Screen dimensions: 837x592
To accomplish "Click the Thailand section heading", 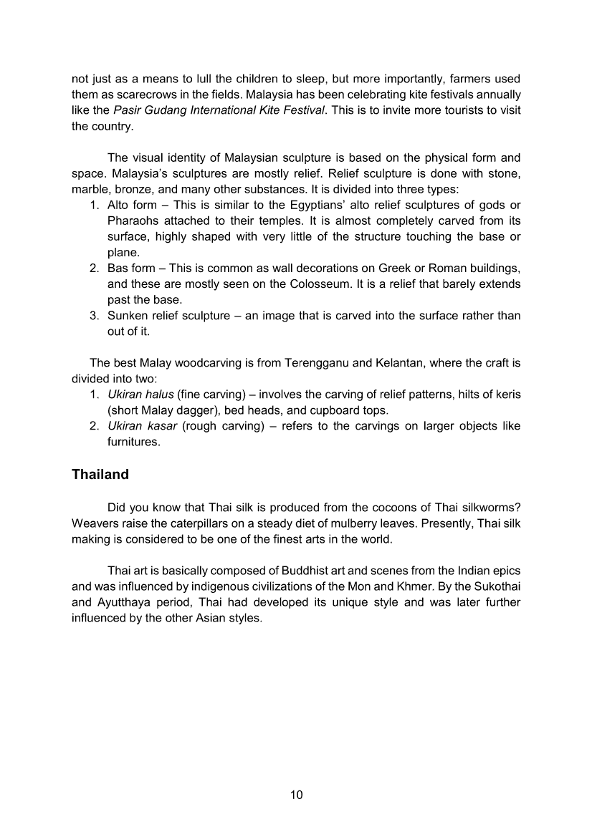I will click(100, 475).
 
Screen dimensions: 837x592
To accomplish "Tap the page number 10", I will click(297, 795).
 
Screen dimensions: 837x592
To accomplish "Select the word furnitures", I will click(133, 442).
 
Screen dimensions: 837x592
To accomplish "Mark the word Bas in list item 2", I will click(118, 268).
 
